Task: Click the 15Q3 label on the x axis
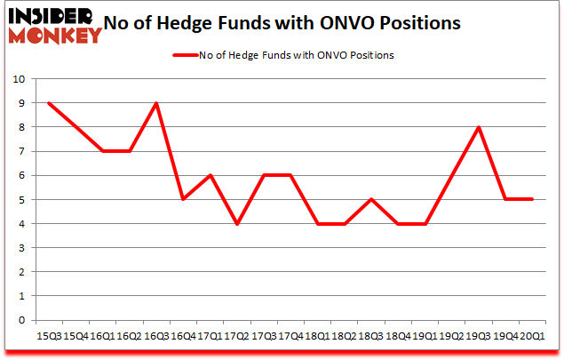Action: tap(50, 337)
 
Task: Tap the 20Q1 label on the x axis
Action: tap(533, 337)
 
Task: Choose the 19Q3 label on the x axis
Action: tap(480, 337)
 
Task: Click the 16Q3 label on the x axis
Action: tap(157, 337)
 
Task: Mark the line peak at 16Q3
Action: tap(157, 103)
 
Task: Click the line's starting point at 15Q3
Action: tap(50, 103)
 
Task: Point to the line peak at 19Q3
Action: tap(480, 127)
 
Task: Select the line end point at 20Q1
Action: tap(533, 200)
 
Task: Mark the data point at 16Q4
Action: tap(184, 200)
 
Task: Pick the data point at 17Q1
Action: tap(211, 176)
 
